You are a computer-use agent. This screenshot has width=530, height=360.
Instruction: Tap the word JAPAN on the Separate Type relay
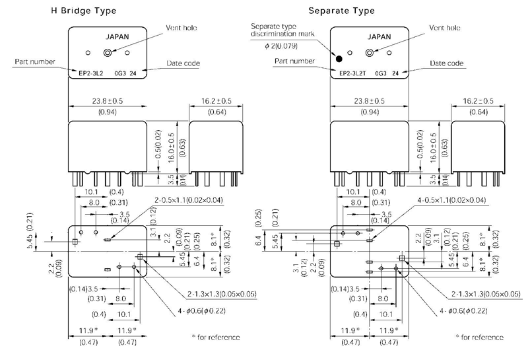click(380, 38)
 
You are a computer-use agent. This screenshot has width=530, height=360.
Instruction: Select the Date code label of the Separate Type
click(446, 63)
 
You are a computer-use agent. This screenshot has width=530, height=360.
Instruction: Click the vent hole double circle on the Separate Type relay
click(370, 53)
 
